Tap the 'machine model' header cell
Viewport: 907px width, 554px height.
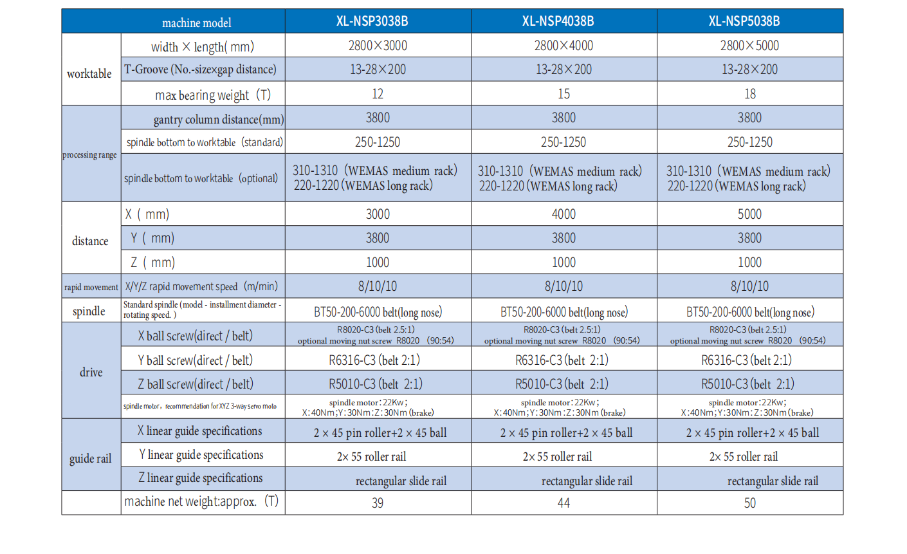pos(196,23)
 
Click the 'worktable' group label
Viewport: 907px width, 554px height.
pos(89,74)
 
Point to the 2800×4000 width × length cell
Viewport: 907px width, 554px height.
pos(563,46)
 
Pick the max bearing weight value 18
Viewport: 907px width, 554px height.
pos(750,94)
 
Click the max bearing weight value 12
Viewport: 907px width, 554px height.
pos(378,94)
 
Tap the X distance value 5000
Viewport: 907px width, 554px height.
pos(749,214)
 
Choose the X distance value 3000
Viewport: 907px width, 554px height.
pos(378,214)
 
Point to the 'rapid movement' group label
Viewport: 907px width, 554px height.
pos(91,287)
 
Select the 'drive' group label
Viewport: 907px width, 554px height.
pos(91,373)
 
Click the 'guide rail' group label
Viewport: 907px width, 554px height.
pos(91,459)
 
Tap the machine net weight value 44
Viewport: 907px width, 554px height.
pos(563,503)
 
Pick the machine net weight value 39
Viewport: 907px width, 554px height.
pos(378,503)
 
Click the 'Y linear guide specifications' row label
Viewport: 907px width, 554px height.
pos(201,455)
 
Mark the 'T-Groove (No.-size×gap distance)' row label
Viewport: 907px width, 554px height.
pos(201,69)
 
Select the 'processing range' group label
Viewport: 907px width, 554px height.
pos(90,155)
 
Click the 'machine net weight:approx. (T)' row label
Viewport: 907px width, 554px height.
pos(201,502)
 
